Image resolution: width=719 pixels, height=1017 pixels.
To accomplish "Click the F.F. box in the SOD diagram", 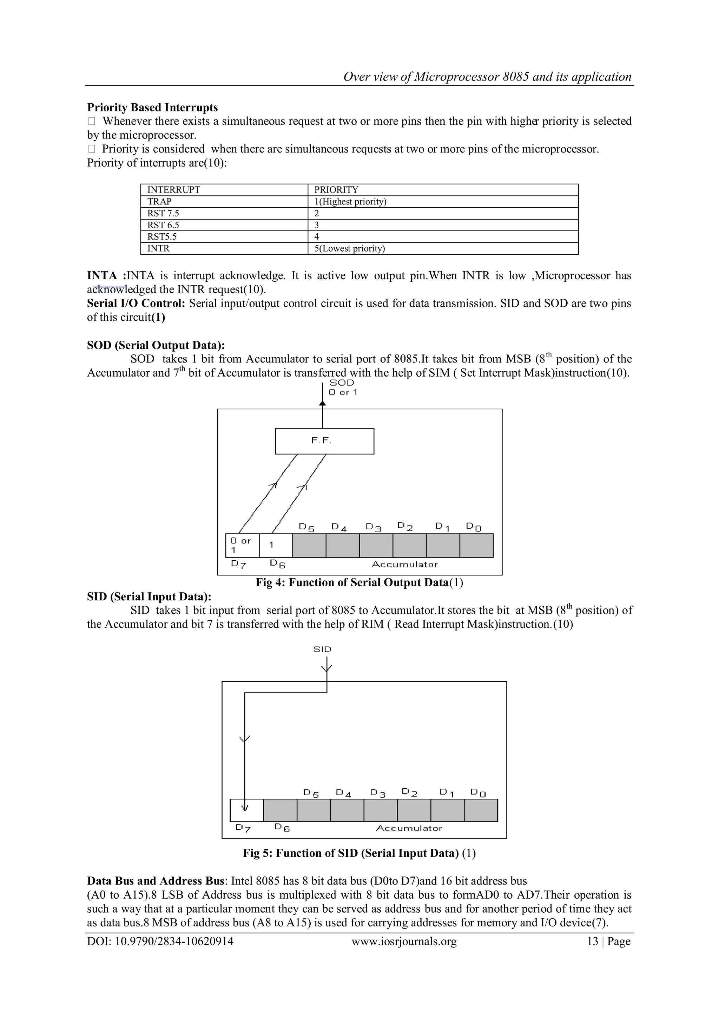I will coord(324,441).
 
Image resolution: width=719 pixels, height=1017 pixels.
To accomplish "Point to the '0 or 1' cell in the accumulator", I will coord(242,545).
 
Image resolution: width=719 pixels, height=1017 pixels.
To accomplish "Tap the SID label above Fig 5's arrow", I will coord(322,649).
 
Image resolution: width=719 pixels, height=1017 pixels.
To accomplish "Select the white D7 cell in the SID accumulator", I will coord(246,810).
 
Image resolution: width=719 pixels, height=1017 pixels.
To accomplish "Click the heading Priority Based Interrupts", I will coord(152,107).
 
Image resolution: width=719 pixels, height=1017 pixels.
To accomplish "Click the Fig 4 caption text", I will coord(359,582).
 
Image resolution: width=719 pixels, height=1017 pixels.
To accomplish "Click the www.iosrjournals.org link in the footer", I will coord(404,941).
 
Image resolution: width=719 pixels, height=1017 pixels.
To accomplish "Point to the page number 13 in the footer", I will coord(592,941).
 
